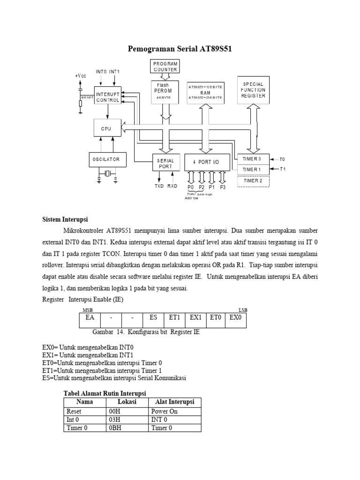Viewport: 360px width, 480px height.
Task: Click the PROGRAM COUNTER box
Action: [x=165, y=66]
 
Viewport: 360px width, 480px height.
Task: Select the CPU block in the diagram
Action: [x=107, y=128]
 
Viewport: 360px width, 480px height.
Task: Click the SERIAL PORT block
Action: [x=165, y=163]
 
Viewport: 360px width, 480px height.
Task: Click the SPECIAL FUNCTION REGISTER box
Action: [x=253, y=90]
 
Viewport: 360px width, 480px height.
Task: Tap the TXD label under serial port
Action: [x=159, y=186]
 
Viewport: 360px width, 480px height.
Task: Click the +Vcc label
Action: [x=81, y=76]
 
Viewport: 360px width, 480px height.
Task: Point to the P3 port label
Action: [x=222, y=187]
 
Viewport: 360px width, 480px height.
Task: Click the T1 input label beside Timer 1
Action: [x=282, y=169]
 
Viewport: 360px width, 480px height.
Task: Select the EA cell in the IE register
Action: [x=89, y=317]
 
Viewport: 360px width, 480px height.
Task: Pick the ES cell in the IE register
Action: [x=153, y=317]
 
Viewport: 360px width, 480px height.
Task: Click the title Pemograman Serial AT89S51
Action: [x=180, y=49]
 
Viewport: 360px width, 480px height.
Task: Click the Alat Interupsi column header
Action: [x=174, y=402]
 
